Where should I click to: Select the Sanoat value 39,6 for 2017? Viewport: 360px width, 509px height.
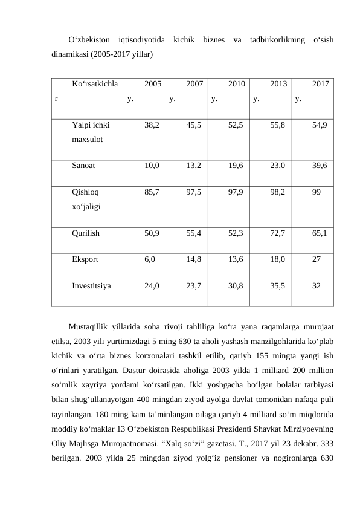pyautogui.click(x=320, y=164)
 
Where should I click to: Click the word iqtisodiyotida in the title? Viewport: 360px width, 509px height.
pyautogui.click(x=143, y=41)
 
